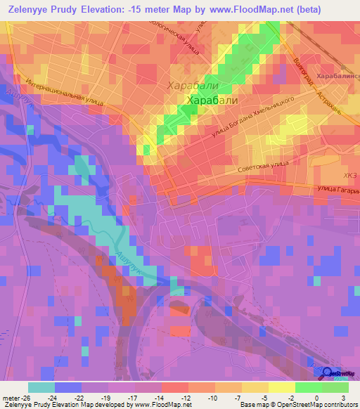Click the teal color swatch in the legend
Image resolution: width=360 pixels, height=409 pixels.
(41, 387)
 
